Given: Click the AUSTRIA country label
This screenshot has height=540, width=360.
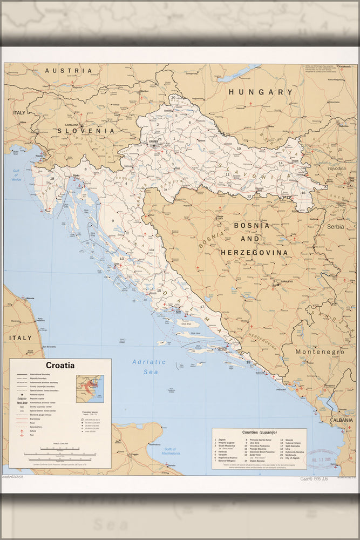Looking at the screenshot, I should pos(69,71).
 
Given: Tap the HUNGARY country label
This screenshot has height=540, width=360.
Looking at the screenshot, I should pos(260,92).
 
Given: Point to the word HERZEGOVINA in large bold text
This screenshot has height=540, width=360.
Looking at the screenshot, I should pos(253,252).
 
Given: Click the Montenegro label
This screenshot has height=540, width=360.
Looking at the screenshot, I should pos(320,352).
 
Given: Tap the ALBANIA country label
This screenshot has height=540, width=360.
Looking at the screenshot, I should pos(343,420).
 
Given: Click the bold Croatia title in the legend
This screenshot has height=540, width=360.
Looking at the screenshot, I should pos(60,365).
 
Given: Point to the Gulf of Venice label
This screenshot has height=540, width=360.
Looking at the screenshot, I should pos(16,175).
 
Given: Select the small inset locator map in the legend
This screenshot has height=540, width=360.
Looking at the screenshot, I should pos(90,389).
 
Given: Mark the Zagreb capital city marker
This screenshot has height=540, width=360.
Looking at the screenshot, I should pos(153,145).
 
